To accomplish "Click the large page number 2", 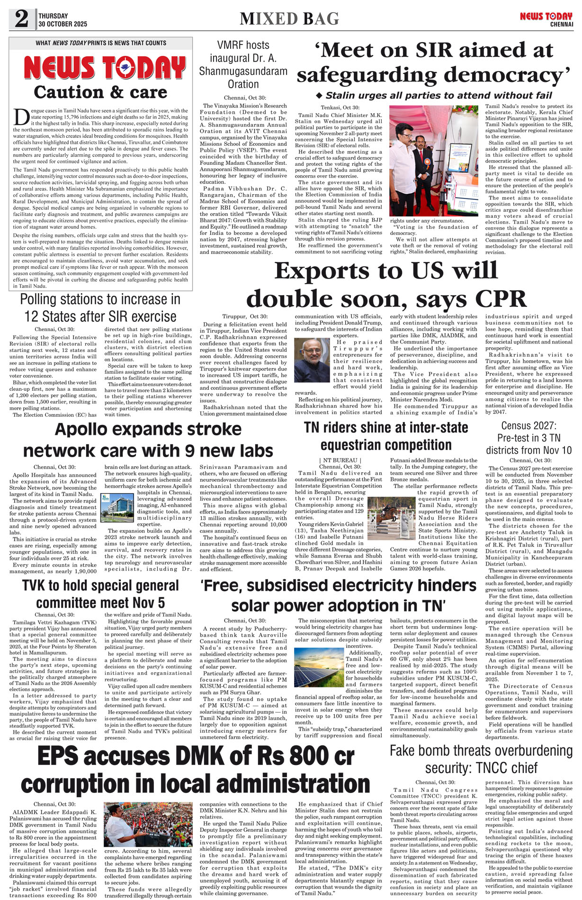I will coord(21,19).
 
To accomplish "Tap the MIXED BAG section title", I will coord(289,19).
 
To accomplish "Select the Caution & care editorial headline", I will coord(100,92).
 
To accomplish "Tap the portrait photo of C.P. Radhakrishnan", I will coord(312,360).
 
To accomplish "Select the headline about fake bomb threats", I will coord(481,759).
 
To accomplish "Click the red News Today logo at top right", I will coord(546,17).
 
